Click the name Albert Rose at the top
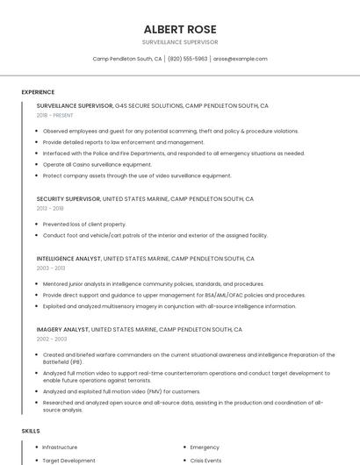click(180, 29)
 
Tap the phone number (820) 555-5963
click(187, 59)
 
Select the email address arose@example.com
click(240, 59)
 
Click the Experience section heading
click(38, 92)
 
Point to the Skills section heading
click(31, 431)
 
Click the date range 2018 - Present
click(56, 115)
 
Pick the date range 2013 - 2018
click(50, 208)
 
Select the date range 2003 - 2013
click(51, 268)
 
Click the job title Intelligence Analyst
click(69, 259)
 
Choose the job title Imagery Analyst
click(63, 329)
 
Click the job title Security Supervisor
click(68, 199)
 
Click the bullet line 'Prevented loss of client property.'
click(84, 224)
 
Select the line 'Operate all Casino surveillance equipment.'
click(97, 164)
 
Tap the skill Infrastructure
click(60, 447)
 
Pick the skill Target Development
click(68, 460)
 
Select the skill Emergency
click(205, 447)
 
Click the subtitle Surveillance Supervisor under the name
click(180, 41)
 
